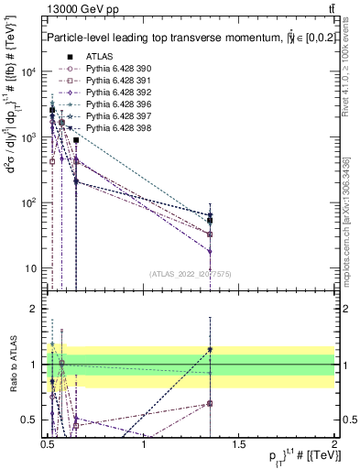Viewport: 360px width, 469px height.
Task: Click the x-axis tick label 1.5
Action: [x=238, y=444]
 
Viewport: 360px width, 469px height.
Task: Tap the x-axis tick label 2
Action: [x=333, y=444]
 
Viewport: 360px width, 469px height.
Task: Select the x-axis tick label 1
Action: [x=144, y=444]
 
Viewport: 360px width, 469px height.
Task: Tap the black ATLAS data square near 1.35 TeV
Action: [x=211, y=220]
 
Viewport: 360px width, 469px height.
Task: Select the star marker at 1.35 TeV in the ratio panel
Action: [x=211, y=349]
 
